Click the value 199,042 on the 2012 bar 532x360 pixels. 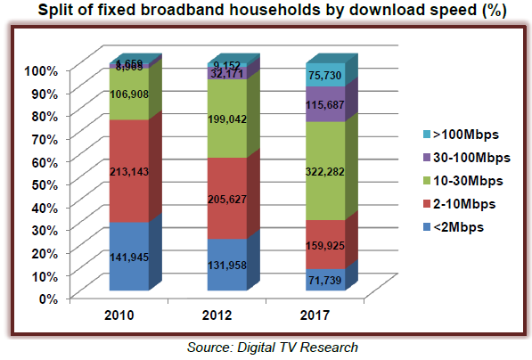(x=228, y=119)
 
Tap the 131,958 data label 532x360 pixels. (x=228, y=265)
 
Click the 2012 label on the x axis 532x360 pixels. (x=227, y=315)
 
